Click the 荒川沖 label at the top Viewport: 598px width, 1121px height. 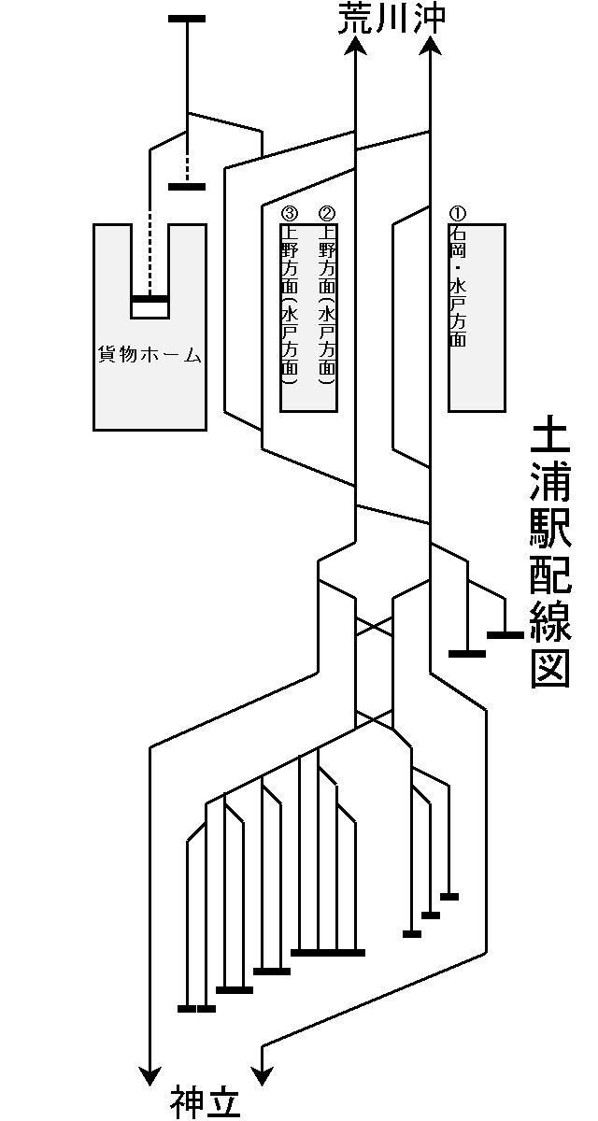[392, 20]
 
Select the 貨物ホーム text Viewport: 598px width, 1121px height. [149, 355]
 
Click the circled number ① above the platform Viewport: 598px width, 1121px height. [457, 214]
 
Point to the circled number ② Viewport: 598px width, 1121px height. [326, 214]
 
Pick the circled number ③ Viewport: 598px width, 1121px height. [289, 214]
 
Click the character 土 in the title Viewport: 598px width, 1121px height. [550, 439]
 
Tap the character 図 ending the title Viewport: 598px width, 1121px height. [550, 669]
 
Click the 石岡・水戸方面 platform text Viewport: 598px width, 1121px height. [457, 285]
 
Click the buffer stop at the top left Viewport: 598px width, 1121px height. [187, 19]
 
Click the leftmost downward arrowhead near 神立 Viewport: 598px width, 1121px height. [149, 1074]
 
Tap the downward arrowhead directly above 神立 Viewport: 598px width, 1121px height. [262, 1074]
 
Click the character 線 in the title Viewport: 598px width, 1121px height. [550, 621]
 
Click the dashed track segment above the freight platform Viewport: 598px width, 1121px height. [149, 252]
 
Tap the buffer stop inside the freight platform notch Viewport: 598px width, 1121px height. [149, 299]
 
